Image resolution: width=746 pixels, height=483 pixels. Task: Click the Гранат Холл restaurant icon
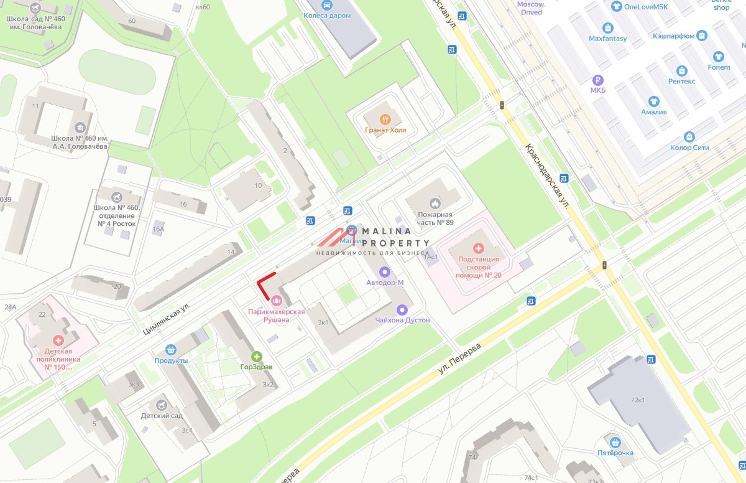click(385, 119)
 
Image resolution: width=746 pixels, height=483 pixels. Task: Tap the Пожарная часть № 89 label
click(435, 218)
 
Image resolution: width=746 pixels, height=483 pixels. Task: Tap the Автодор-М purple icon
click(384, 271)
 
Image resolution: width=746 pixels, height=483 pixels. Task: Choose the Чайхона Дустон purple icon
click(402, 309)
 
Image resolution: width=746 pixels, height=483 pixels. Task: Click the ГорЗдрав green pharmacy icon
click(256, 356)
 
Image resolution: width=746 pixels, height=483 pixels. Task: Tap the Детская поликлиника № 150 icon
click(58, 340)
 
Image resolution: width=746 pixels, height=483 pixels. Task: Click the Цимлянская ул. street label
click(165, 315)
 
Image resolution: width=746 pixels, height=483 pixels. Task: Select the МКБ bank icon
click(597, 80)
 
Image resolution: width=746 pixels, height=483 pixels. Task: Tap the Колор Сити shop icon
click(689, 137)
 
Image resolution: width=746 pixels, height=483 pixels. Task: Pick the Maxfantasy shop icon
click(607, 28)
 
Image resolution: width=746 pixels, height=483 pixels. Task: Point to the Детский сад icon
click(162, 405)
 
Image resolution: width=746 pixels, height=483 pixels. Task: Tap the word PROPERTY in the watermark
click(395, 243)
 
